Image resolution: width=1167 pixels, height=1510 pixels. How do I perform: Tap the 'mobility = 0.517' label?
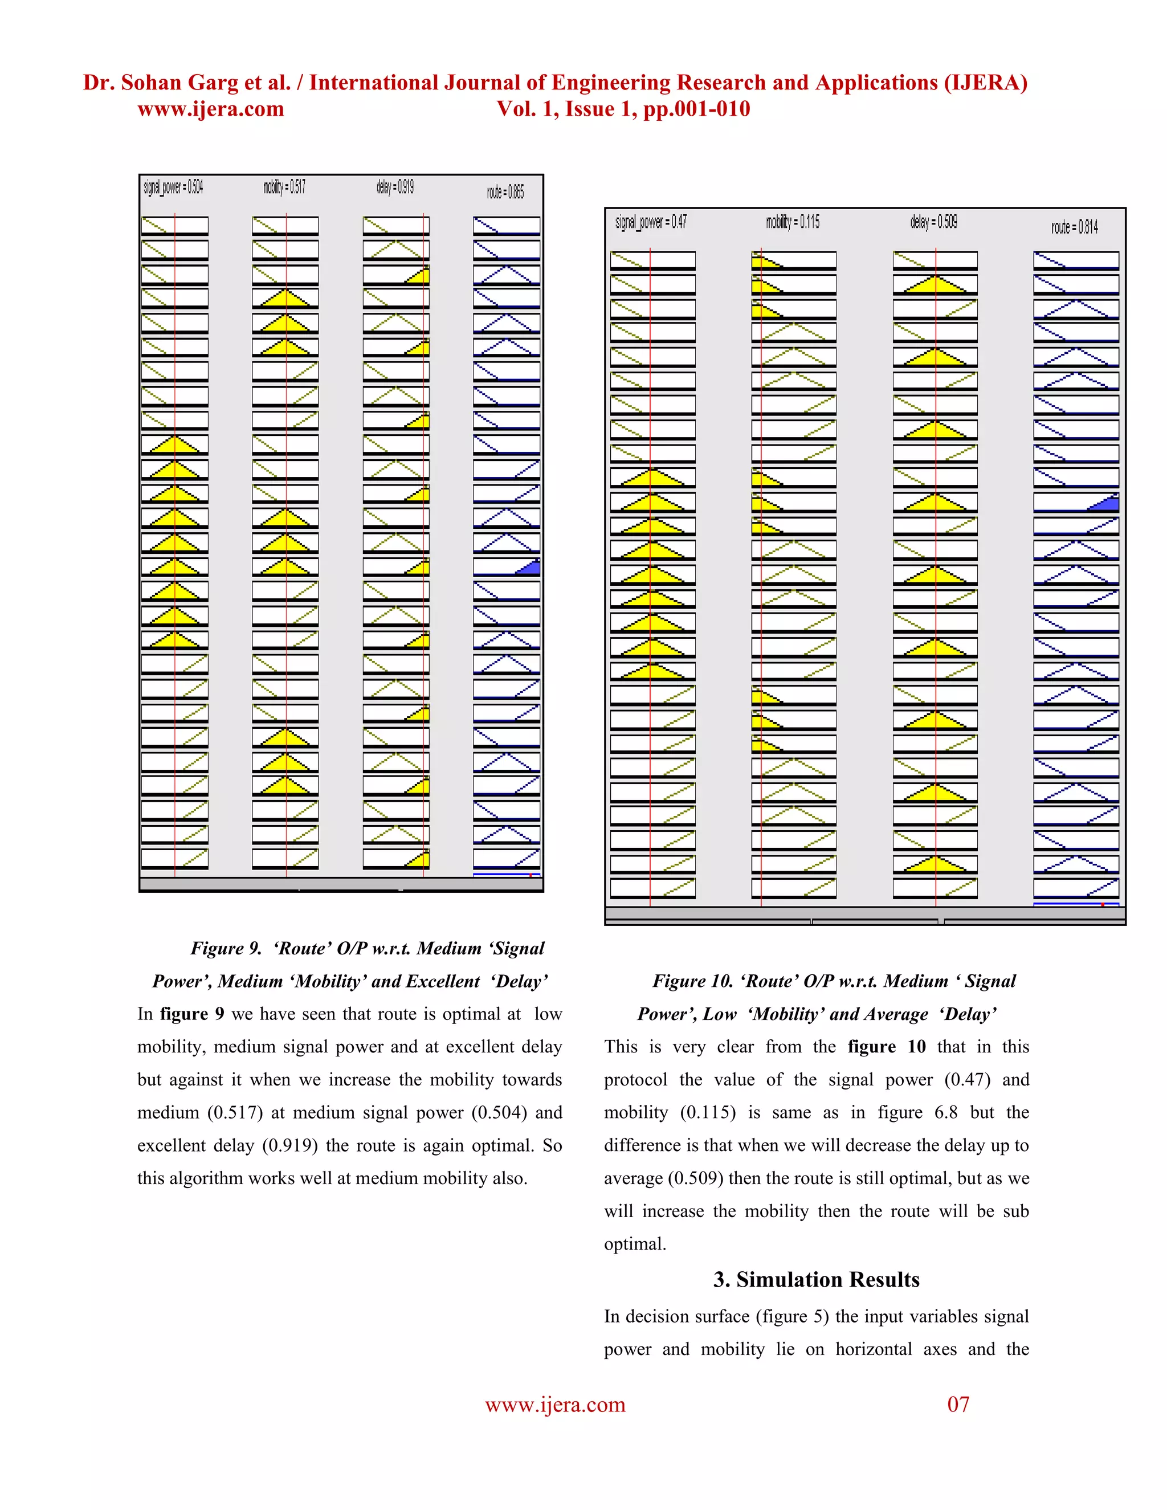[284, 187]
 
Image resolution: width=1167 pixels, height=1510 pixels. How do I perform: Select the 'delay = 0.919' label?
[395, 187]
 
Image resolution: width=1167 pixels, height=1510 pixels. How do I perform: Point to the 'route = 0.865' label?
[505, 192]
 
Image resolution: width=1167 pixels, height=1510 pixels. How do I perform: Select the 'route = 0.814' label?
[1074, 227]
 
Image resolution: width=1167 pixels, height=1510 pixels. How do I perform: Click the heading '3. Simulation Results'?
[816, 1280]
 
